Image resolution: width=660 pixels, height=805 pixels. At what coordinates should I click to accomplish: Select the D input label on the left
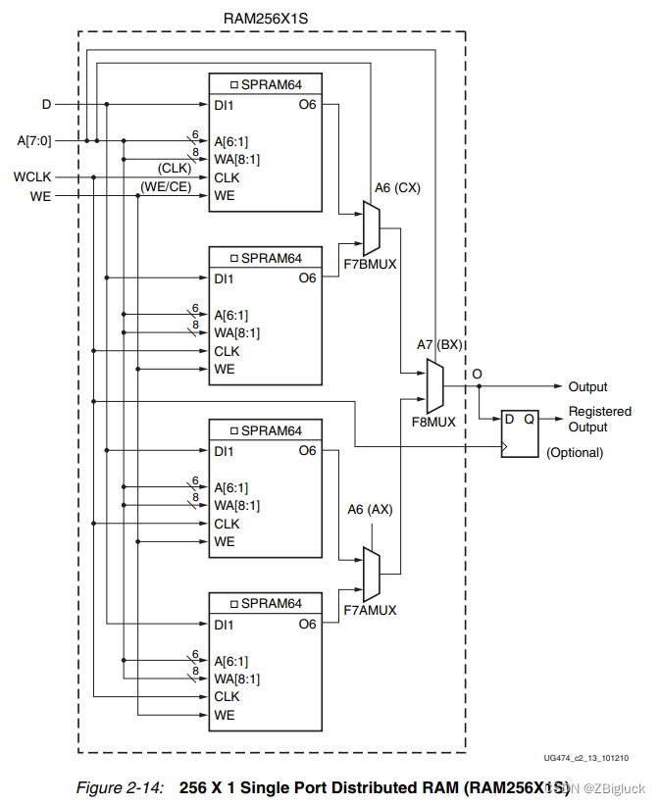[45, 104]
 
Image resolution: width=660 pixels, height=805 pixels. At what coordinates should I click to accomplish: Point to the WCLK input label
[31, 177]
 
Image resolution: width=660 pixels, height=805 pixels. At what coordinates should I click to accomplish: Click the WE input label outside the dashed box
[40, 195]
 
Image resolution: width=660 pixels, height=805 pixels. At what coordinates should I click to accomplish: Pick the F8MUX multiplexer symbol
[434, 384]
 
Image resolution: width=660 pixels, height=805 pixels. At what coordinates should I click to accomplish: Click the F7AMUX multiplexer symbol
[370, 574]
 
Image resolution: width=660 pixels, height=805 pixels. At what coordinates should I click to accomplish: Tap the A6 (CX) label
[396, 187]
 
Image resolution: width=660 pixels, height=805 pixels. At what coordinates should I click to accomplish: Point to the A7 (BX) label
[438, 345]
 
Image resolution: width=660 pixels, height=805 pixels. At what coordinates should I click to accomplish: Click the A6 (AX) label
[371, 509]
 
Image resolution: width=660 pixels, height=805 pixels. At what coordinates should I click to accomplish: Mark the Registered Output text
[599, 419]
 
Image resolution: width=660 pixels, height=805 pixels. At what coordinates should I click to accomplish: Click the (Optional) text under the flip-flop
[574, 452]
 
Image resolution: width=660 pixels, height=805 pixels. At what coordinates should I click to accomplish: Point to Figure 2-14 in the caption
[119, 786]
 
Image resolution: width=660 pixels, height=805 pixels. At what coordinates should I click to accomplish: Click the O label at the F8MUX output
[477, 375]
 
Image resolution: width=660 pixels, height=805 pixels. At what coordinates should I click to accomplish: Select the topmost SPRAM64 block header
[265, 84]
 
